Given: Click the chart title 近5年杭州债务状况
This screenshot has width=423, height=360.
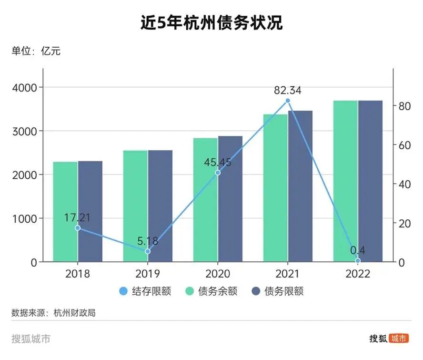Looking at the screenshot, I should [211, 22].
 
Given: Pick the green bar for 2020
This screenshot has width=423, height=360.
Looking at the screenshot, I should [205, 200].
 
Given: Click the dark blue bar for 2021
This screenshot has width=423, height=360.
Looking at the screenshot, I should [300, 186].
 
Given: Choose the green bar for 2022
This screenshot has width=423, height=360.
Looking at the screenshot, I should [345, 181].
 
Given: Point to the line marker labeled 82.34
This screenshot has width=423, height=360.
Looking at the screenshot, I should [288, 101].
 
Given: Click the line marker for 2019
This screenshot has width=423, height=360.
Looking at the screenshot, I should [148, 251].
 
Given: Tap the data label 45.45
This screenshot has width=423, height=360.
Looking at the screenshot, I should [218, 162].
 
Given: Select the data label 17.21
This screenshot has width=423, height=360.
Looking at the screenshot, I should [78, 218].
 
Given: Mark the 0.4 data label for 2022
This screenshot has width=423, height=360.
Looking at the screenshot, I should [358, 250].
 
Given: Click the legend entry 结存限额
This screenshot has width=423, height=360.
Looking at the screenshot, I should [145, 291].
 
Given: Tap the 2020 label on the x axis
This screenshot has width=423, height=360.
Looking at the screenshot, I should [218, 274].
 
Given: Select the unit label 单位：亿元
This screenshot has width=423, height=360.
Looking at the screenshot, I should [36, 51].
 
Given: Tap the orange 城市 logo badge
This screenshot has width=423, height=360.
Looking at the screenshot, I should [399, 339].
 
